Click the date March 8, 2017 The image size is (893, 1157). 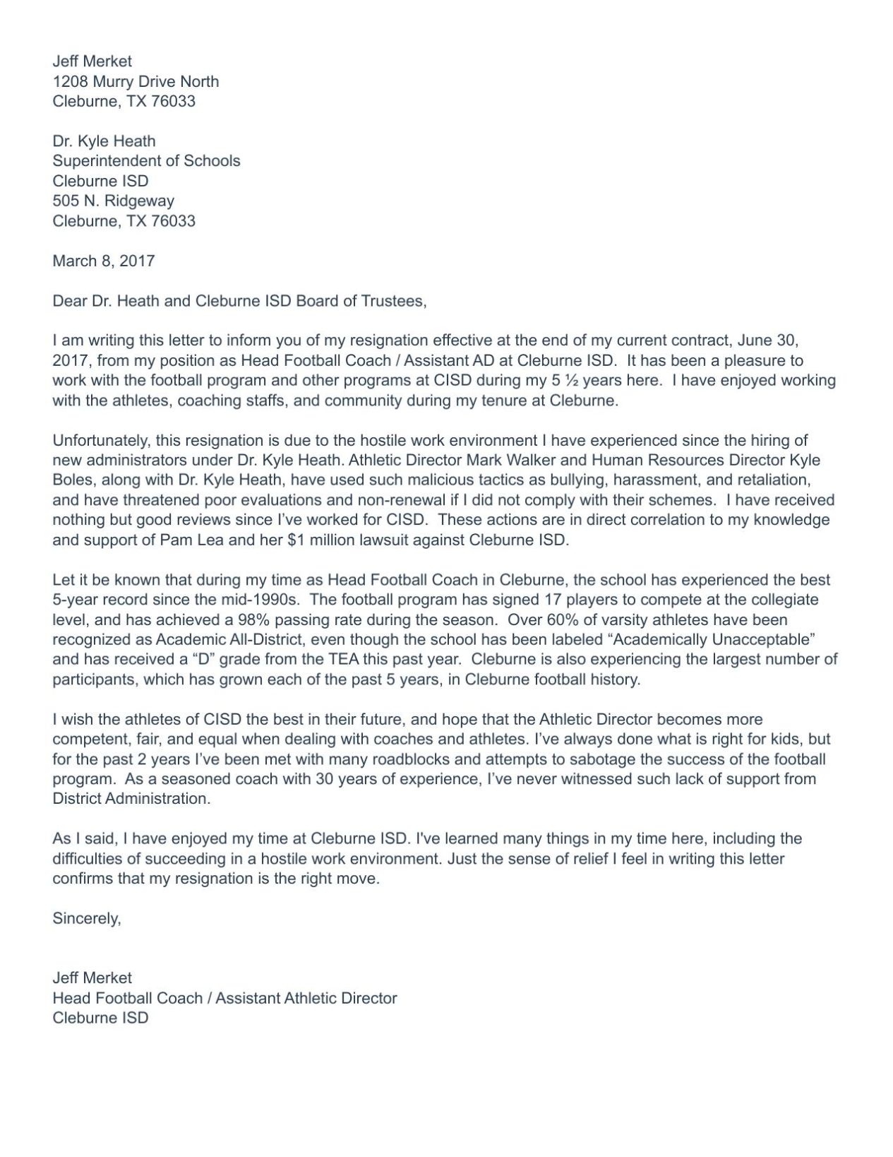(x=103, y=261)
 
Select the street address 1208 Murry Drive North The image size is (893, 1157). (x=136, y=81)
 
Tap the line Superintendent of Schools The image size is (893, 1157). (x=146, y=160)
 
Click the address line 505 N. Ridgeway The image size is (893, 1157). (x=113, y=201)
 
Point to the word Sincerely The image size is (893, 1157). (x=86, y=918)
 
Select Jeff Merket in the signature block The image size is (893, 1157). (x=92, y=978)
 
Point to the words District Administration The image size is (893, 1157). (x=131, y=799)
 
